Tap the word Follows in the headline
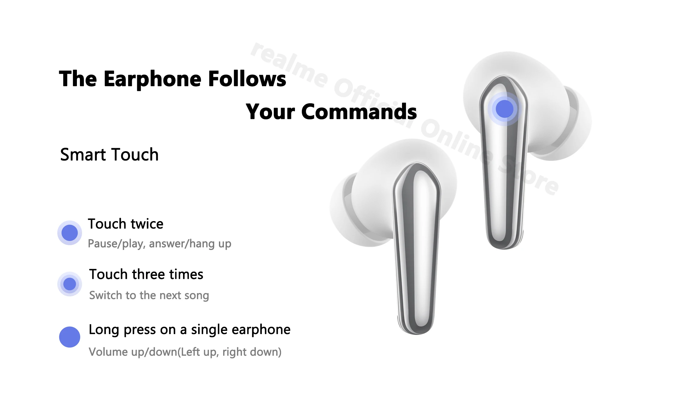[x=247, y=79]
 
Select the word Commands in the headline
[x=359, y=112]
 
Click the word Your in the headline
[x=270, y=112]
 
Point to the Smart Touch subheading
[x=109, y=155]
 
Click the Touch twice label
[x=125, y=224]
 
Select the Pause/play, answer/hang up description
[x=159, y=244]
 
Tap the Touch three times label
[x=146, y=274]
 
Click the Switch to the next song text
[x=149, y=295]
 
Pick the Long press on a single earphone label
[x=189, y=330]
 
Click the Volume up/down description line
[x=185, y=352]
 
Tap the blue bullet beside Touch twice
[x=70, y=233]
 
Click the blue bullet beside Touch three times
[x=70, y=284]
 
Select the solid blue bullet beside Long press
[x=70, y=337]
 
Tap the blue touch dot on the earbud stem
[x=504, y=109]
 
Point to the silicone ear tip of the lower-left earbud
[x=344, y=208]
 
